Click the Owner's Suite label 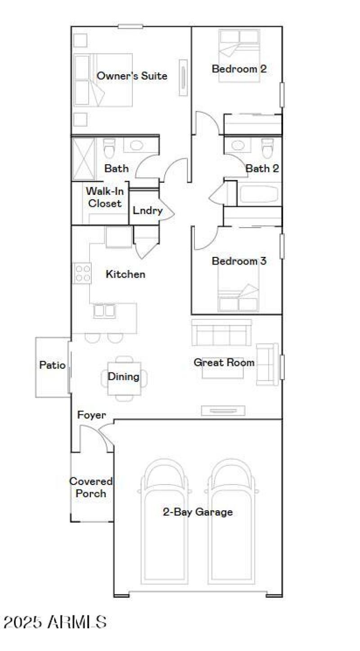click(132, 76)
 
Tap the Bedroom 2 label click(239, 69)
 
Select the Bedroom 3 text click(239, 261)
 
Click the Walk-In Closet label click(104, 197)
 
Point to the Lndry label click(147, 211)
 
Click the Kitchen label click(126, 274)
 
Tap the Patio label click(52, 365)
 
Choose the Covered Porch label click(90, 487)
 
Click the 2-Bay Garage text click(198, 512)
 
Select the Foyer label click(91, 415)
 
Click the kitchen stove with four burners click(82, 273)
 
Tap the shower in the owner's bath click(84, 159)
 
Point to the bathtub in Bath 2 click(259, 195)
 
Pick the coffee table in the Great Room click(223, 370)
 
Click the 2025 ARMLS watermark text click(55, 622)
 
